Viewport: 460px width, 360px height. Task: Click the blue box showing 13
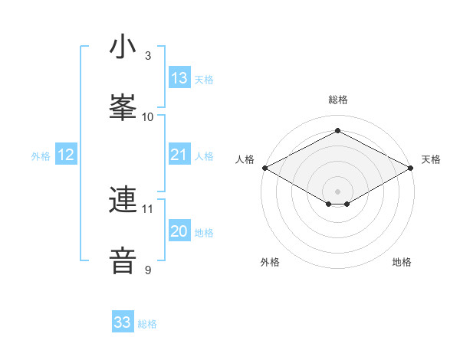pyautogui.click(x=179, y=78)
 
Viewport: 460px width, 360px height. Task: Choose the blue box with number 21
pyautogui.click(x=179, y=155)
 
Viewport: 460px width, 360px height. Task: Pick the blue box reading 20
pyautogui.click(x=179, y=232)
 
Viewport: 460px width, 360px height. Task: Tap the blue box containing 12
pyautogui.click(x=66, y=155)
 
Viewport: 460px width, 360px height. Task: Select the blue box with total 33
pyautogui.click(x=123, y=323)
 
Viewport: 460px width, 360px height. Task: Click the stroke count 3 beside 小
pyautogui.click(x=148, y=56)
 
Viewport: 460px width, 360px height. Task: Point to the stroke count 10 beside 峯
pyautogui.click(x=148, y=116)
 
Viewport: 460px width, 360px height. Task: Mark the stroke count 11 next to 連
pyautogui.click(x=148, y=208)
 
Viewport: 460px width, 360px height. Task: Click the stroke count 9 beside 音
pyautogui.click(x=148, y=270)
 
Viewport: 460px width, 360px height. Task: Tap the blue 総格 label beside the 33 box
pyautogui.click(x=147, y=324)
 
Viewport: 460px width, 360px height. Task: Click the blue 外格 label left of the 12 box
pyautogui.click(x=41, y=156)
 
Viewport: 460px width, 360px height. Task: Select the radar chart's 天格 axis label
pyautogui.click(x=431, y=159)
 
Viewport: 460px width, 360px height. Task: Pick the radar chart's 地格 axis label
pyautogui.click(x=402, y=262)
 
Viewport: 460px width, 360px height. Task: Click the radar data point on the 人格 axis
pyautogui.click(x=264, y=167)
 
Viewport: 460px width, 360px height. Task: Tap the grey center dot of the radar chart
pyautogui.click(x=338, y=191)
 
